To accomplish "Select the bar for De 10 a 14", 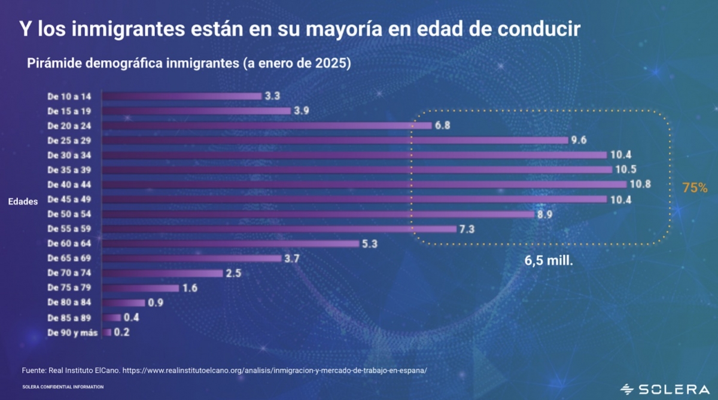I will pyautogui.click(x=182, y=96).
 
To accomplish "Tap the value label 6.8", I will pyautogui.click(x=443, y=126).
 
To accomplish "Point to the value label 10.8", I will pyautogui.click(x=640, y=185).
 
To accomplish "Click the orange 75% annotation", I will pyautogui.click(x=695, y=188).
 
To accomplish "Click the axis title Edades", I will pyautogui.click(x=23, y=202).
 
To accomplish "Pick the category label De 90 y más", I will pyautogui.click(x=72, y=332).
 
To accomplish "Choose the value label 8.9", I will pyautogui.click(x=544, y=215).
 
